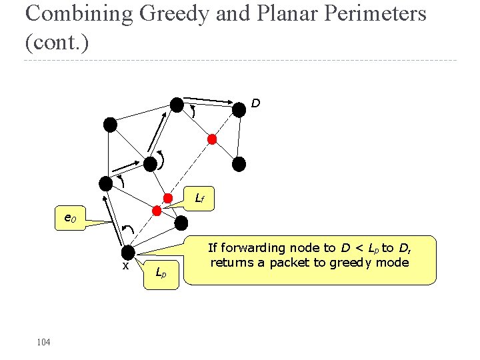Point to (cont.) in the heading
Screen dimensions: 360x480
coord(56,42)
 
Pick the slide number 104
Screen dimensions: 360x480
coord(44,342)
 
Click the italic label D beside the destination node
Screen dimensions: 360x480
coord(256,103)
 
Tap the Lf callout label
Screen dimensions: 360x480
coord(200,197)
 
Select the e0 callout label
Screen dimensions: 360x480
coord(69,218)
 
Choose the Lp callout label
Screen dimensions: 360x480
coord(161,272)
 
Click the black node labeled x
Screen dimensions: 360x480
coord(128,253)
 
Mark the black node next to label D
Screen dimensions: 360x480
coord(239,110)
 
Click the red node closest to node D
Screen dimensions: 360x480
coord(212,139)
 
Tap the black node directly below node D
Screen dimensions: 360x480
coord(239,163)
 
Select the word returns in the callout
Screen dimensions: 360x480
coord(230,262)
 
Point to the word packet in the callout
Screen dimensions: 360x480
coord(291,262)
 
